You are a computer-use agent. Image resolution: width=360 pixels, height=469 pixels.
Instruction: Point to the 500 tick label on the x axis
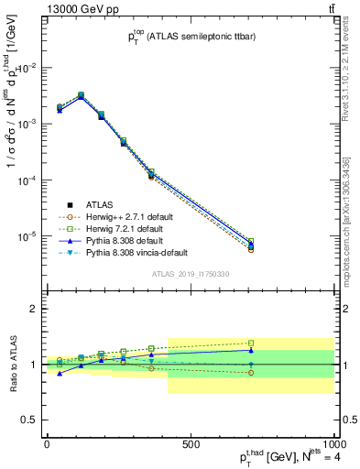point(191,444)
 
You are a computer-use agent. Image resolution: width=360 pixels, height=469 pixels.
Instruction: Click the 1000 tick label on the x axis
point(333,444)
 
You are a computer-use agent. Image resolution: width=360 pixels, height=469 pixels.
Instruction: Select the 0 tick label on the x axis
point(47,444)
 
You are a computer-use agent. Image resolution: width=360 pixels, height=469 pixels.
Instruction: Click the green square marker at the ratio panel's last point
point(251,344)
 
